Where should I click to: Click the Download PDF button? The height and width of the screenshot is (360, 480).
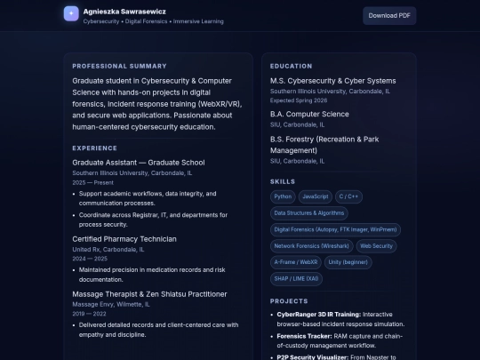(389, 15)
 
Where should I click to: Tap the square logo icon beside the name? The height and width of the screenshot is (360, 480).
(71, 14)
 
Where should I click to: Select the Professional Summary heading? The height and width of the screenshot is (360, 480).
(119, 66)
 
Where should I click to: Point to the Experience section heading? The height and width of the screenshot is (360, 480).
(94, 148)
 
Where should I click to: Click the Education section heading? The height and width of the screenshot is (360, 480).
(291, 66)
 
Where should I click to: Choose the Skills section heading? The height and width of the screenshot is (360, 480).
(283, 181)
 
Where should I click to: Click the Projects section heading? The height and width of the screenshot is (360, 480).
(289, 301)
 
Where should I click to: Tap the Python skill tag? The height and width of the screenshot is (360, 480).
(284, 196)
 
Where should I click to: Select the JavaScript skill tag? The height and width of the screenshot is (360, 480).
(315, 196)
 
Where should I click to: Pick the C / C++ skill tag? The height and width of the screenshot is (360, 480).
(349, 196)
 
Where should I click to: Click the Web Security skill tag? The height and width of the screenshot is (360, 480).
(376, 245)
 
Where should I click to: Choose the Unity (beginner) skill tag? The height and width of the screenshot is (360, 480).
(348, 261)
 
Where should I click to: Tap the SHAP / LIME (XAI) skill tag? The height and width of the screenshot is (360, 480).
(297, 278)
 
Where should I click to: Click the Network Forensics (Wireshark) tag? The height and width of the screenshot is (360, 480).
(310, 245)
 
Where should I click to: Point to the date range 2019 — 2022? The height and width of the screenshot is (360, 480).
(89, 314)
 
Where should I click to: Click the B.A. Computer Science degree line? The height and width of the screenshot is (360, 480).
(309, 114)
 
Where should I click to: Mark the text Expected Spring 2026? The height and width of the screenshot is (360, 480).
(300, 100)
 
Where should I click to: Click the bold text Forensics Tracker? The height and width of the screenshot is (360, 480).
(304, 336)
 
